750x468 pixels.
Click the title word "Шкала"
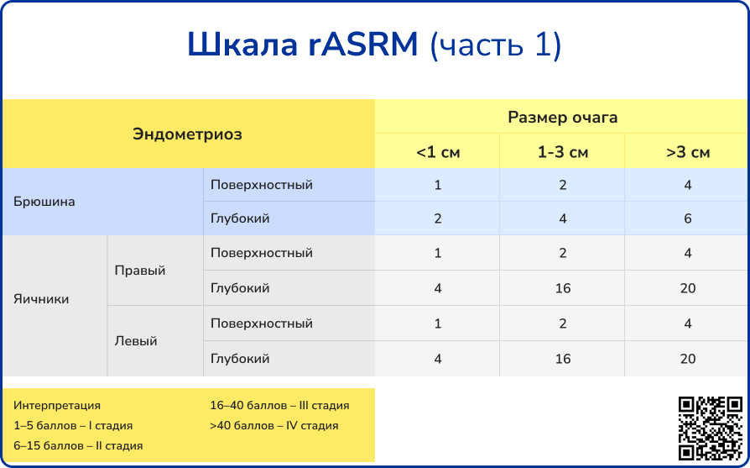[241, 45]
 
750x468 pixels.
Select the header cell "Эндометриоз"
[187, 134]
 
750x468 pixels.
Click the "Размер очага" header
[562, 117]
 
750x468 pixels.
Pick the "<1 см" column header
[437, 152]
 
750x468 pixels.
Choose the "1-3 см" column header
[562, 152]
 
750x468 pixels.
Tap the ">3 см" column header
[687, 152]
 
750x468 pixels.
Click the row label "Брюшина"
[44, 202]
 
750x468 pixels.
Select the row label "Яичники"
[42, 299]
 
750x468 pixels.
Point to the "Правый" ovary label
[140, 271]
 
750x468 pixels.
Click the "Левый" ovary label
[136, 341]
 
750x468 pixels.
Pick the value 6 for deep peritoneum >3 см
[687, 218]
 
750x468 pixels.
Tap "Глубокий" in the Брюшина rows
[240, 218]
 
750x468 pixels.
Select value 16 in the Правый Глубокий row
[562, 288]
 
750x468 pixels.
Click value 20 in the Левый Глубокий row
[687, 359]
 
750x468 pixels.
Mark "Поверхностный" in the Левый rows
[261, 323]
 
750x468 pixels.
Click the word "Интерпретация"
[57, 405]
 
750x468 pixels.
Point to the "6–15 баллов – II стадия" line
[78, 445]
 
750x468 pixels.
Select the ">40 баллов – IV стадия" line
[273, 425]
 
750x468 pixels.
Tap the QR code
[710, 428]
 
